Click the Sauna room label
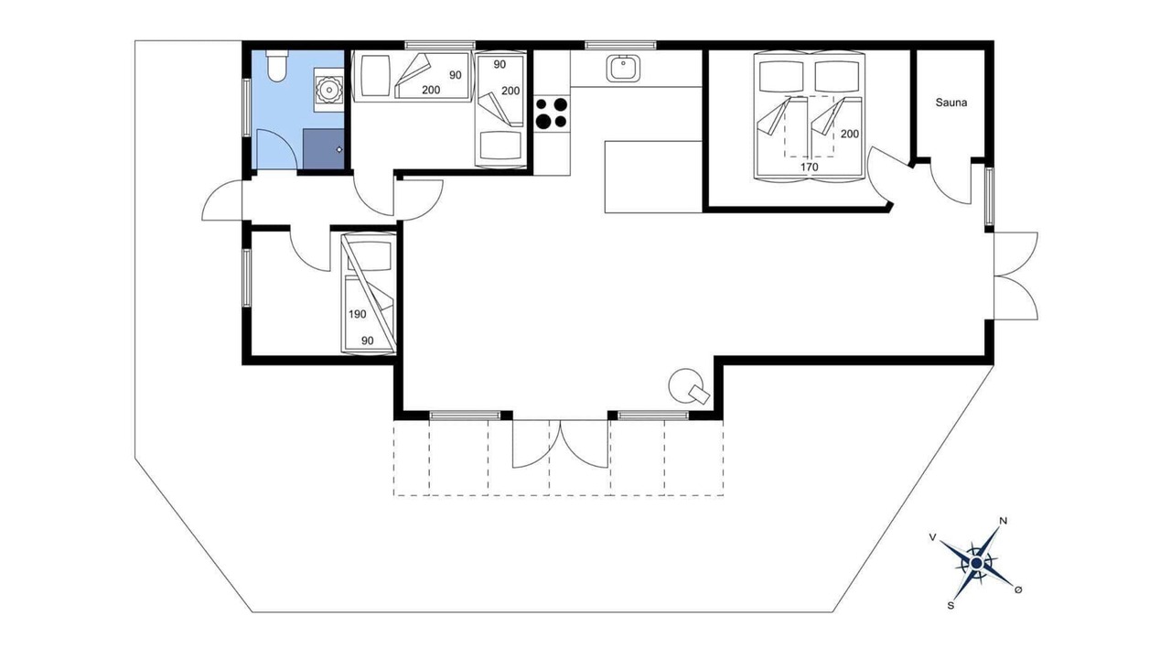tap(951, 103)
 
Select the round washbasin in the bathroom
tap(328, 90)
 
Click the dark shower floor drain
tap(339, 149)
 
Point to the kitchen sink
tap(623, 69)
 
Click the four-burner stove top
tap(552, 113)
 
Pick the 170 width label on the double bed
tap(809, 167)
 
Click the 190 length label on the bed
tap(358, 314)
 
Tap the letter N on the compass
tap(1003, 521)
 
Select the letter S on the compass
tap(951, 606)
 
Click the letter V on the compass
tap(932, 537)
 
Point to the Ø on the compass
tap(1017, 589)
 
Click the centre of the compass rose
tap(976, 563)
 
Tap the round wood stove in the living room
tap(686, 386)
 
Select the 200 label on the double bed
tap(850, 134)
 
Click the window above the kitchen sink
tap(620, 46)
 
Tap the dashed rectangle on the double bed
tap(810, 126)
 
